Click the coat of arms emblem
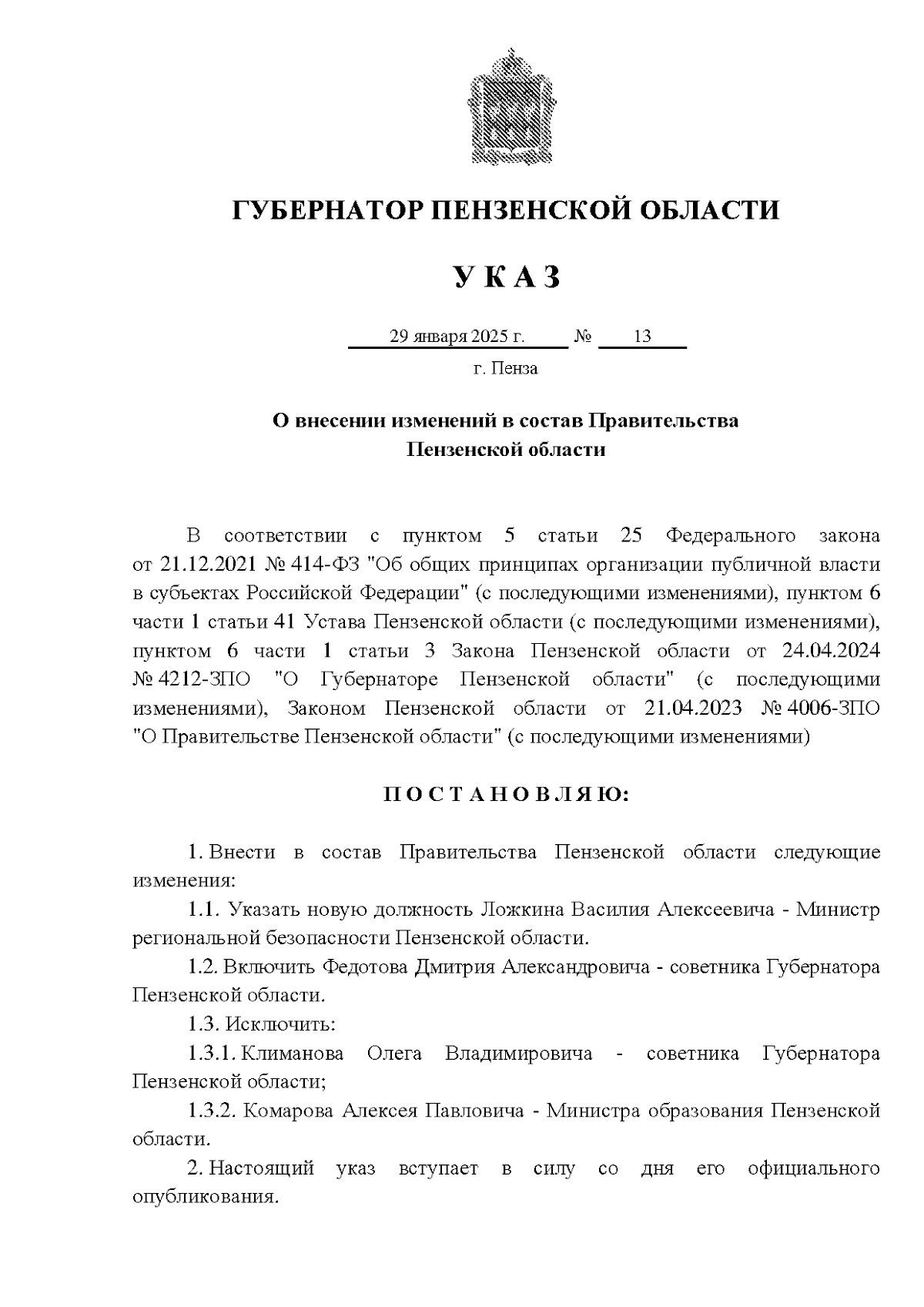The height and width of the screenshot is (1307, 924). (507, 108)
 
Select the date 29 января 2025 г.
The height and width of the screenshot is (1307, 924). (457, 337)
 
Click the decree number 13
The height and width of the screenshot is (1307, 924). (642, 337)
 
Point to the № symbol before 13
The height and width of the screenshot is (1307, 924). (583, 337)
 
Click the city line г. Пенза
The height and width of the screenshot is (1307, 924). (505, 368)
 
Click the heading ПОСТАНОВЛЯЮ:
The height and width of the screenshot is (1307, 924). (506, 795)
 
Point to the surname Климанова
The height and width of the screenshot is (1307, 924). (293, 1053)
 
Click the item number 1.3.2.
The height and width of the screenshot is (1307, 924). (211, 1111)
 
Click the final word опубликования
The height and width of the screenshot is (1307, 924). (204, 1198)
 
